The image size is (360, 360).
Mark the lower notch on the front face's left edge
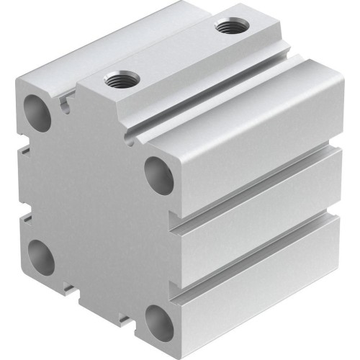26,214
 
